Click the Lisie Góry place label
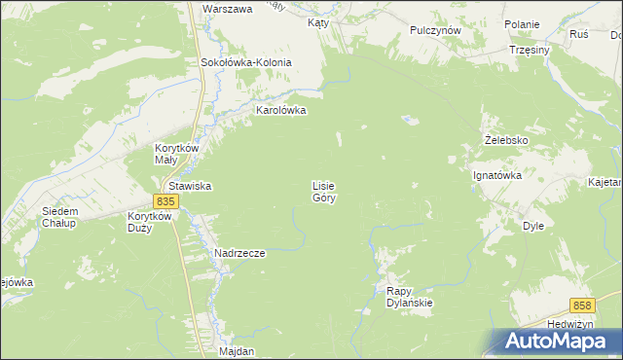click(324, 191)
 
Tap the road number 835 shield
click(165, 200)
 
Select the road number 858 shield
click(582, 305)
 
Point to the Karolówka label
click(280, 110)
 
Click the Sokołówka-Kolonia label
click(246, 62)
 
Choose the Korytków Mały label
click(177, 154)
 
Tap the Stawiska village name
click(191, 185)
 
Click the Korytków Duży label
click(150, 223)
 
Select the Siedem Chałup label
click(60, 217)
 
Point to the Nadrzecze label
click(239, 253)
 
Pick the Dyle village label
click(532, 225)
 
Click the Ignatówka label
click(497, 176)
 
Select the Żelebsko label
click(506, 140)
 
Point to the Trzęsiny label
click(530, 50)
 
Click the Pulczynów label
click(435, 30)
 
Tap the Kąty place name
click(317, 21)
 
